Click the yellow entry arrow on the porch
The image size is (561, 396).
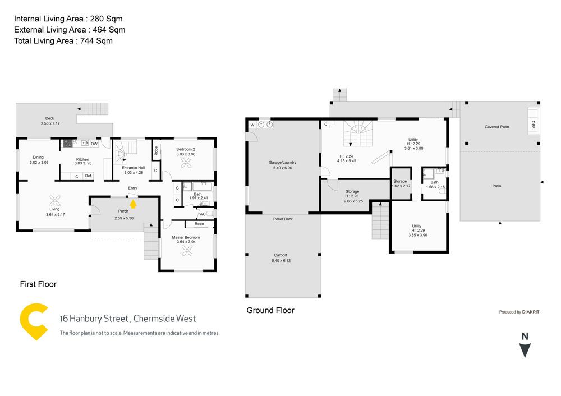click(133, 204)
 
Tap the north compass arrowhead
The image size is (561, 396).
click(525, 350)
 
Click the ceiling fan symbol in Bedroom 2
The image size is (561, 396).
click(186, 163)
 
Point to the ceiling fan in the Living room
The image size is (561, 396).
click(55, 201)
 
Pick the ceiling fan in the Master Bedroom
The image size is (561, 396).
click(187, 251)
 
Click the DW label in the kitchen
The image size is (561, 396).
click(94, 144)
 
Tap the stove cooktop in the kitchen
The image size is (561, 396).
click(68, 144)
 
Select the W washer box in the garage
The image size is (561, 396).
click(252, 125)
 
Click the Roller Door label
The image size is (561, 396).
click(283, 219)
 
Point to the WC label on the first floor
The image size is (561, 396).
click(203, 214)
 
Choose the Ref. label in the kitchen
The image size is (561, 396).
click(89, 176)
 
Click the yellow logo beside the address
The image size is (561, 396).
click(34, 321)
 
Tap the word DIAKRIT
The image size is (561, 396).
click(531, 312)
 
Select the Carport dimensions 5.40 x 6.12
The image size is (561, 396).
click(281, 260)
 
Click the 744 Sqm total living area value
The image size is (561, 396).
click(96, 41)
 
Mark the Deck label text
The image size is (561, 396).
click(50, 118)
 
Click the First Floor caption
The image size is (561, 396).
click(38, 284)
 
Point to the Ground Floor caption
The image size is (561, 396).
click(270, 310)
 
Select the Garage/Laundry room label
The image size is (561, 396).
click(283, 163)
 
